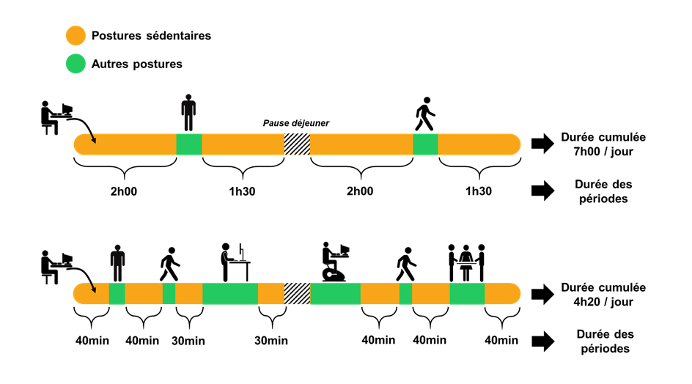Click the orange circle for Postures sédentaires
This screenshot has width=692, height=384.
click(x=76, y=36)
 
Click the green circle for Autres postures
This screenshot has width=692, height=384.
click(x=76, y=64)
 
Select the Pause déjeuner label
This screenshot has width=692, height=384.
click(x=296, y=123)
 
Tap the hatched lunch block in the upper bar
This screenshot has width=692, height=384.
click(x=297, y=144)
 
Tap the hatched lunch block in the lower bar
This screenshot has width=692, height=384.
click(x=297, y=293)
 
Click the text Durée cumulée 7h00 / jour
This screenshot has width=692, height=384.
click(x=603, y=144)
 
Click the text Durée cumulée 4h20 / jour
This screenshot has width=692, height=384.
click(x=603, y=295)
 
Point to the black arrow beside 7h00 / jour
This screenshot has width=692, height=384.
click(x=543, y=144)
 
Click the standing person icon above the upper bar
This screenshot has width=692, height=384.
click(x=188, y=113)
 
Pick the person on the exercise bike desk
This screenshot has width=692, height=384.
click(x=336, y=262)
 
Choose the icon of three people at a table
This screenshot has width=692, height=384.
click(x=466, y=262)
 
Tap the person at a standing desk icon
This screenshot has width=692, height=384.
click(x=235, y=262)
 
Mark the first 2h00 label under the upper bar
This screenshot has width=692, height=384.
click(x=124, y=191)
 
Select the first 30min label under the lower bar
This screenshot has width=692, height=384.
click(x=188, y=341)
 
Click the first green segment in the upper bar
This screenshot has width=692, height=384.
click(x=189, y=144)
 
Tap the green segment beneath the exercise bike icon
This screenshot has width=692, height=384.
click(x=335, y=293)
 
